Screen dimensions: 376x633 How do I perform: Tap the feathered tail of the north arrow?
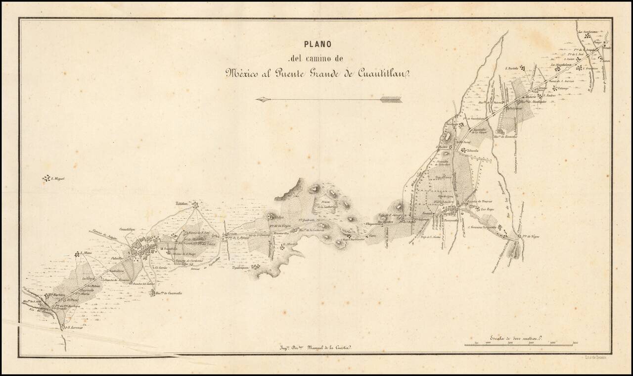click(x=392, y=100)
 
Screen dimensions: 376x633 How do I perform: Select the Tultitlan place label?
click(x=182, y=204)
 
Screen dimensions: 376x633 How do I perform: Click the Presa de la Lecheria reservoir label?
click(x=327, y=204)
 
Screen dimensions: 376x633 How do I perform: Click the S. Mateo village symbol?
click(x=77, y=254)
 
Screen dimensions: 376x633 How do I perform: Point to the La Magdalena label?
click(x=561, y=64)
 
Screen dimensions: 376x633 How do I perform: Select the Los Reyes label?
click(x=488, y=209)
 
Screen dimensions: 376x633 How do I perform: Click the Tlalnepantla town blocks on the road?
click(x=451, y=212)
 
